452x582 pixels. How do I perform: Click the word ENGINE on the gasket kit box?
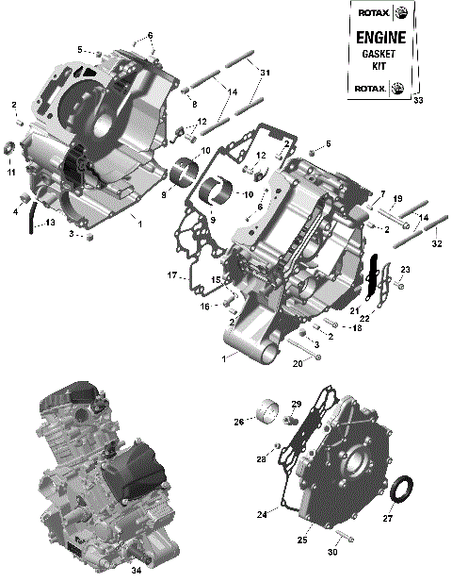tap(380, 39)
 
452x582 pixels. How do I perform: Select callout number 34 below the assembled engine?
tap(136, 570)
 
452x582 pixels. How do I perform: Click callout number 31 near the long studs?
tap(265, 73)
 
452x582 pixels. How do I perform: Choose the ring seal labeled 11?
tap(12, 148)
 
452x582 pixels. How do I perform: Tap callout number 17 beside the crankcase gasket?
tap(172, 275)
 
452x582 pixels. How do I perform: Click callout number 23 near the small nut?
tap(406, 271)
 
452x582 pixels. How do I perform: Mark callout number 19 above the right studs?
tap(397, 198)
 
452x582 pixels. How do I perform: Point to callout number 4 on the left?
tap(15, 212)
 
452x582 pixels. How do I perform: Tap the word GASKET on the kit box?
tap(380, 55)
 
